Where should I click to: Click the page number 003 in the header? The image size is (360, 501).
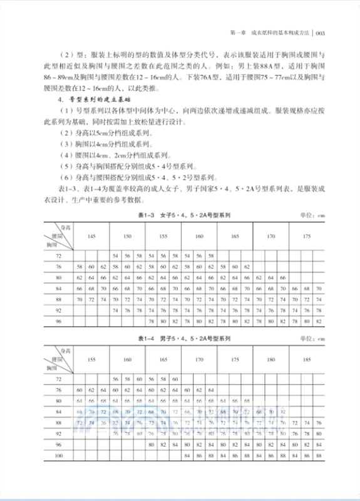point(319,34)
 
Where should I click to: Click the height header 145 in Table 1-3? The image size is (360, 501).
point(91,237)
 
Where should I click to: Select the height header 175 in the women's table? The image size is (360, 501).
point(307,237)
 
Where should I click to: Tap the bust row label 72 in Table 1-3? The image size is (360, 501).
point(59,256)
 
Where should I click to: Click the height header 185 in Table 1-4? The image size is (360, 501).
point(307,360)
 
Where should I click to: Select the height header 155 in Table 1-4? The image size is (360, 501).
point(91,360)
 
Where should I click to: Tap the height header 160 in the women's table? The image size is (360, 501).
point(199,237)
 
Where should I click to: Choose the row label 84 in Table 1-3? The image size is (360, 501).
point(59,288)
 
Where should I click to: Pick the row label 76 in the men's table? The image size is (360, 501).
point(59,390)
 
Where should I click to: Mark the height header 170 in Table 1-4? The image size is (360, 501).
point(199,360)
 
